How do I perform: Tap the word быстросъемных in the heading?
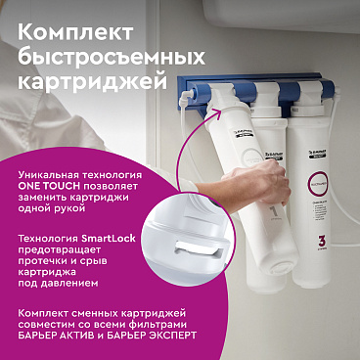point(104,48)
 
